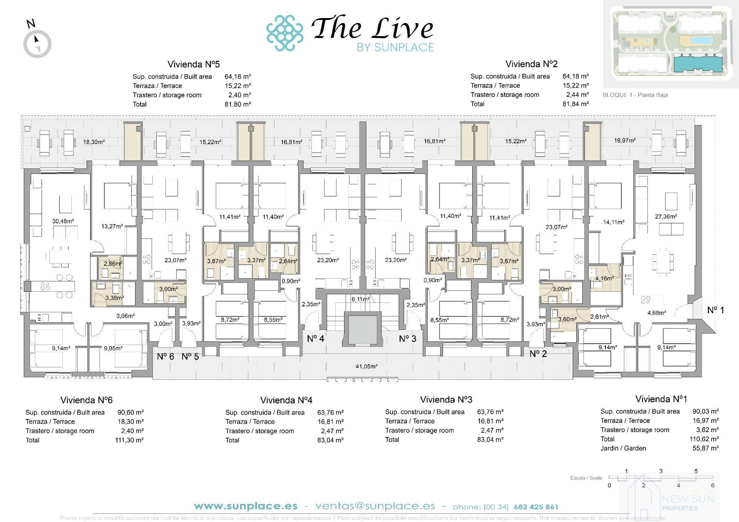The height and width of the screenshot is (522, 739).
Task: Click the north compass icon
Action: pyautogui.click(x=37, y=43)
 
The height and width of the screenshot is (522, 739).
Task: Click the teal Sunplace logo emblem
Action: pyautogui.click(x=285, y=33)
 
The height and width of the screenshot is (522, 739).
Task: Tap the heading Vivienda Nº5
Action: pyautogui.click(x=193, y=64)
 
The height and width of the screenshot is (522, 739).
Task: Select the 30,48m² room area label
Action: pyautogui.click(x=63, y=221)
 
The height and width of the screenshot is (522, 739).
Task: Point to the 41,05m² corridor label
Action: pyautogui.click(x=366, y=366)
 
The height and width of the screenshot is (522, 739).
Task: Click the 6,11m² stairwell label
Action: pyautogui.click(x=360, y=299)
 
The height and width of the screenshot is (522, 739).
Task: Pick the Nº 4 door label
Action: pyautogui.click(x=315, y=339)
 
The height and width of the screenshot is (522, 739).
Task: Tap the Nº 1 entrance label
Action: pyautogui.click(x=716, y=310)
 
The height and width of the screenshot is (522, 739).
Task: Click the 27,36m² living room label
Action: pyautogui.click(x=666, y=216)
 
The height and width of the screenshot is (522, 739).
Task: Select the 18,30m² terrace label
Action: pyautogui.click(x=94, y=142)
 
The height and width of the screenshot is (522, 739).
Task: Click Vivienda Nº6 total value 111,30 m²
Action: pyautogui.click(x=129, y=440)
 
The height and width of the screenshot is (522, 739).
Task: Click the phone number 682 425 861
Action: pyautogui.click(x=536, y=507)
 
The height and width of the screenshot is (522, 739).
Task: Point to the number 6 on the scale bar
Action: pyautogui.click(x=712, y=485)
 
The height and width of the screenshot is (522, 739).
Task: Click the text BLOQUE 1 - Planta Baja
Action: pyautogui.click(x=635, y=95)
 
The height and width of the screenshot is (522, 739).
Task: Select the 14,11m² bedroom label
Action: pyautogui.click(x=614, y=222)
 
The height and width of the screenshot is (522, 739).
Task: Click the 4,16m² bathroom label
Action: pyautogui.click(x=604, y=278)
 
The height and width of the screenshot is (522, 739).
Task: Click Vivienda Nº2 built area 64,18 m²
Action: pyautogui.click(x=575, y=76)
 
